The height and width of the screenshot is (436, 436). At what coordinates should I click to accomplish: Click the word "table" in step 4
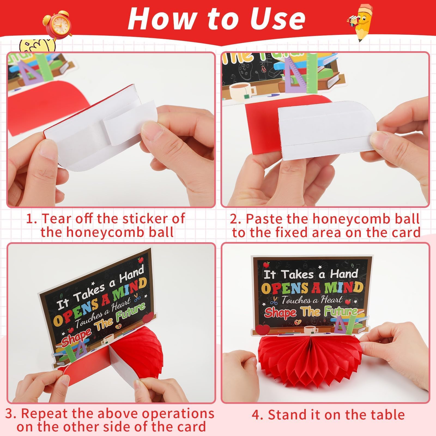[x=387, y=415]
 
